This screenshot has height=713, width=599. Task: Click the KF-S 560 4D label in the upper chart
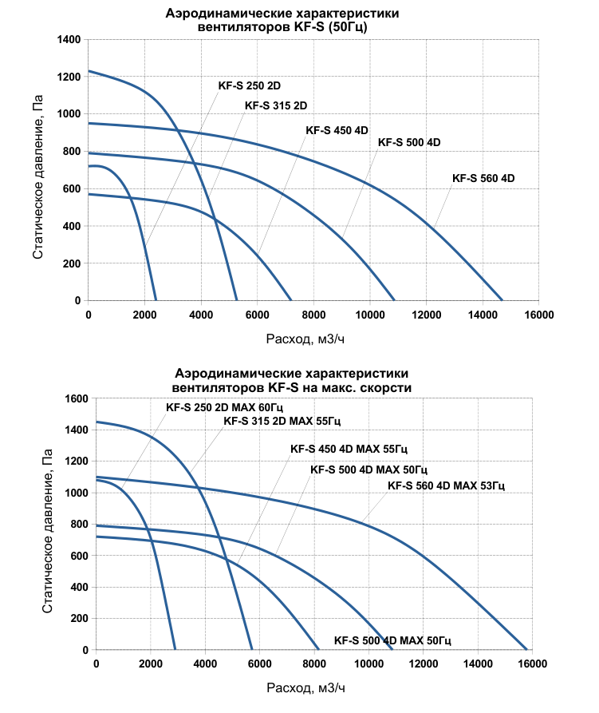tap(483, 179)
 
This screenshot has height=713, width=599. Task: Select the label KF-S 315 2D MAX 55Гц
tap(286, 421)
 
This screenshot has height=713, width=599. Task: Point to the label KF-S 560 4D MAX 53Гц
tap(446, 485)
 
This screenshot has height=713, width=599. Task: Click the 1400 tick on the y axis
tap(69, 39)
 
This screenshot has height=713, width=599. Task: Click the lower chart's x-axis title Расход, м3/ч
tap(306, 687)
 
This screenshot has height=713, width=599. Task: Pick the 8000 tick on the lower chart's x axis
tap(313, 664)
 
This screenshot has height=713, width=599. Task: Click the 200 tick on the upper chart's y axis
tap(73, 263)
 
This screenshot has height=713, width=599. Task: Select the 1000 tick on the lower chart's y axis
tap(74, 493)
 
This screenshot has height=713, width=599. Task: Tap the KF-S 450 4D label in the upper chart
tap(337, 131)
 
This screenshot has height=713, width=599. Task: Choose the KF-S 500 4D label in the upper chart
tap(409, 143)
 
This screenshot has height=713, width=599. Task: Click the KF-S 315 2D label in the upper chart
tap(275, 105)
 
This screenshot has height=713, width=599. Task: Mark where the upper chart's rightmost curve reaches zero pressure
tap(502, 300)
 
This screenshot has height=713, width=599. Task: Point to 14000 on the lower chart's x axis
tap(477, 664)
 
